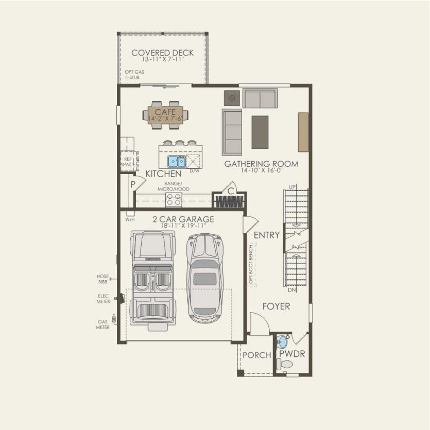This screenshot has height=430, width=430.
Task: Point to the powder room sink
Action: (x=282, y=341)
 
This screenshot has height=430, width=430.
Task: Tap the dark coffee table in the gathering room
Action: (x=260, y=132)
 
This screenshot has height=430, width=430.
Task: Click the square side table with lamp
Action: (x=232, y=97)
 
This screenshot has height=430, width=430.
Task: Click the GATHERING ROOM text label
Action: (x=261, y=164)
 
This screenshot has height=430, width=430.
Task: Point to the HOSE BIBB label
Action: (x=102, y=279)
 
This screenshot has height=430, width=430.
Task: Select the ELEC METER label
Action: (x=103, y=299)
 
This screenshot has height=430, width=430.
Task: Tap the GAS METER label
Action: (x=103, y=324)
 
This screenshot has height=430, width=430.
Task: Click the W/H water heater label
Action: (x=130, y=219)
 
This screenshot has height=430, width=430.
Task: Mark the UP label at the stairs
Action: (x=292, y=186)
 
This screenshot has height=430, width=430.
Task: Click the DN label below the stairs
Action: (x=292, y=290)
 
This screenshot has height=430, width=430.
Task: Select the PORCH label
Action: (x=256, y=355)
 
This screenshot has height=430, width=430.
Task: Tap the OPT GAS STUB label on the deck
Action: (x=133, y=75)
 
